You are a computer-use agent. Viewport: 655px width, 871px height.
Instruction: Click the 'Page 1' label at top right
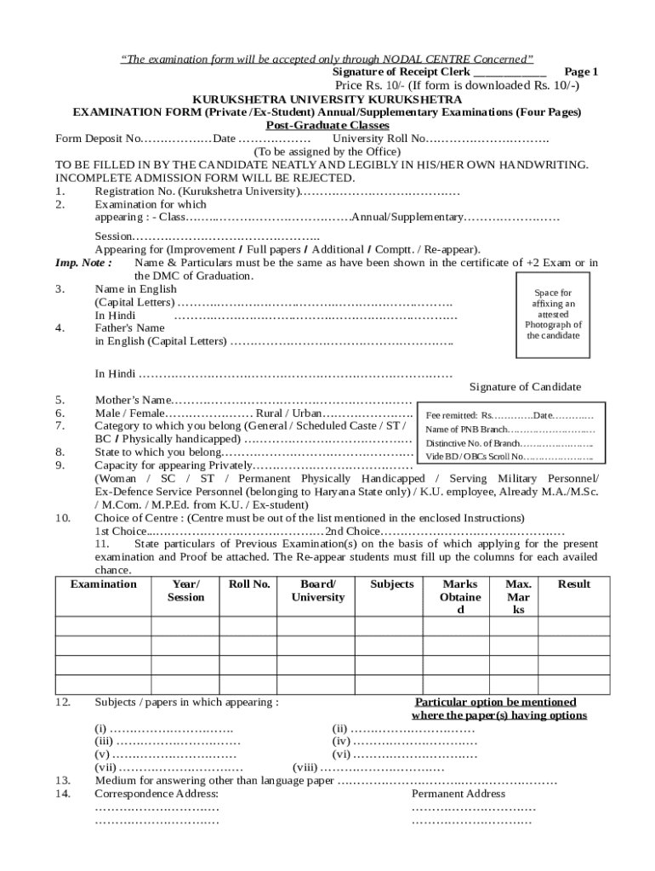pyautogui.click(x=582, y=72)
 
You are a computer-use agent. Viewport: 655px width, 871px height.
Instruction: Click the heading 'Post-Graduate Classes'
pyautogui.click(x=327, y=125)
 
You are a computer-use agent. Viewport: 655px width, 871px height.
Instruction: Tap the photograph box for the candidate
pyautogui.click(x=553, y=314)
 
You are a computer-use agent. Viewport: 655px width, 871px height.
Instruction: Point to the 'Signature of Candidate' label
pyautogui.click(x=526, y=387)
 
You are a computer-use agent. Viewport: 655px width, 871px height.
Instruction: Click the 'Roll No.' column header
pyautogui.click(x=249, y=584)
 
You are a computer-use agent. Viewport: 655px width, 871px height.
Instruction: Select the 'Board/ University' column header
pyautogui.click(x=317, y=591)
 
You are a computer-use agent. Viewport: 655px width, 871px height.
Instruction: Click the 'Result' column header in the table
pyautogui.click(x=574, y=584)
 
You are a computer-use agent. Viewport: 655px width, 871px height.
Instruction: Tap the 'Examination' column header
pyautogui.click(x=103, y=584)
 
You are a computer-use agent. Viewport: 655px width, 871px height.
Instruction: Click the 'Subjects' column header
pyautogui.click(x=392, y=584)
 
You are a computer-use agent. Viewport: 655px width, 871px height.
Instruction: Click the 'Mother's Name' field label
pyautogui.click(x=133, y=401)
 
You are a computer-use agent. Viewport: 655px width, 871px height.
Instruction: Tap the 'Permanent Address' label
pyautogui.click(x=458, y=794)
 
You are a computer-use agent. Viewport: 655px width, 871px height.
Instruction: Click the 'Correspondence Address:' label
pyautogui.click(x=157, y=794)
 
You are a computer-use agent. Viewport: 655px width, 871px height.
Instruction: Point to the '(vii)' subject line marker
pyautogui.click(x=106, y=767)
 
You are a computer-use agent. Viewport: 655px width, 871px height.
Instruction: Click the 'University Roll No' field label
pyautogui.click(x=379, y=139)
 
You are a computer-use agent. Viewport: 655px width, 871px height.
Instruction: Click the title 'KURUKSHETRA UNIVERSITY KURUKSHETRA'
pyautogui.click(x=327, y=100)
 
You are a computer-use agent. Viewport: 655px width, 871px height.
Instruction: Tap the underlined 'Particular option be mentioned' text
pyautogui.click(x=495, y=703)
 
